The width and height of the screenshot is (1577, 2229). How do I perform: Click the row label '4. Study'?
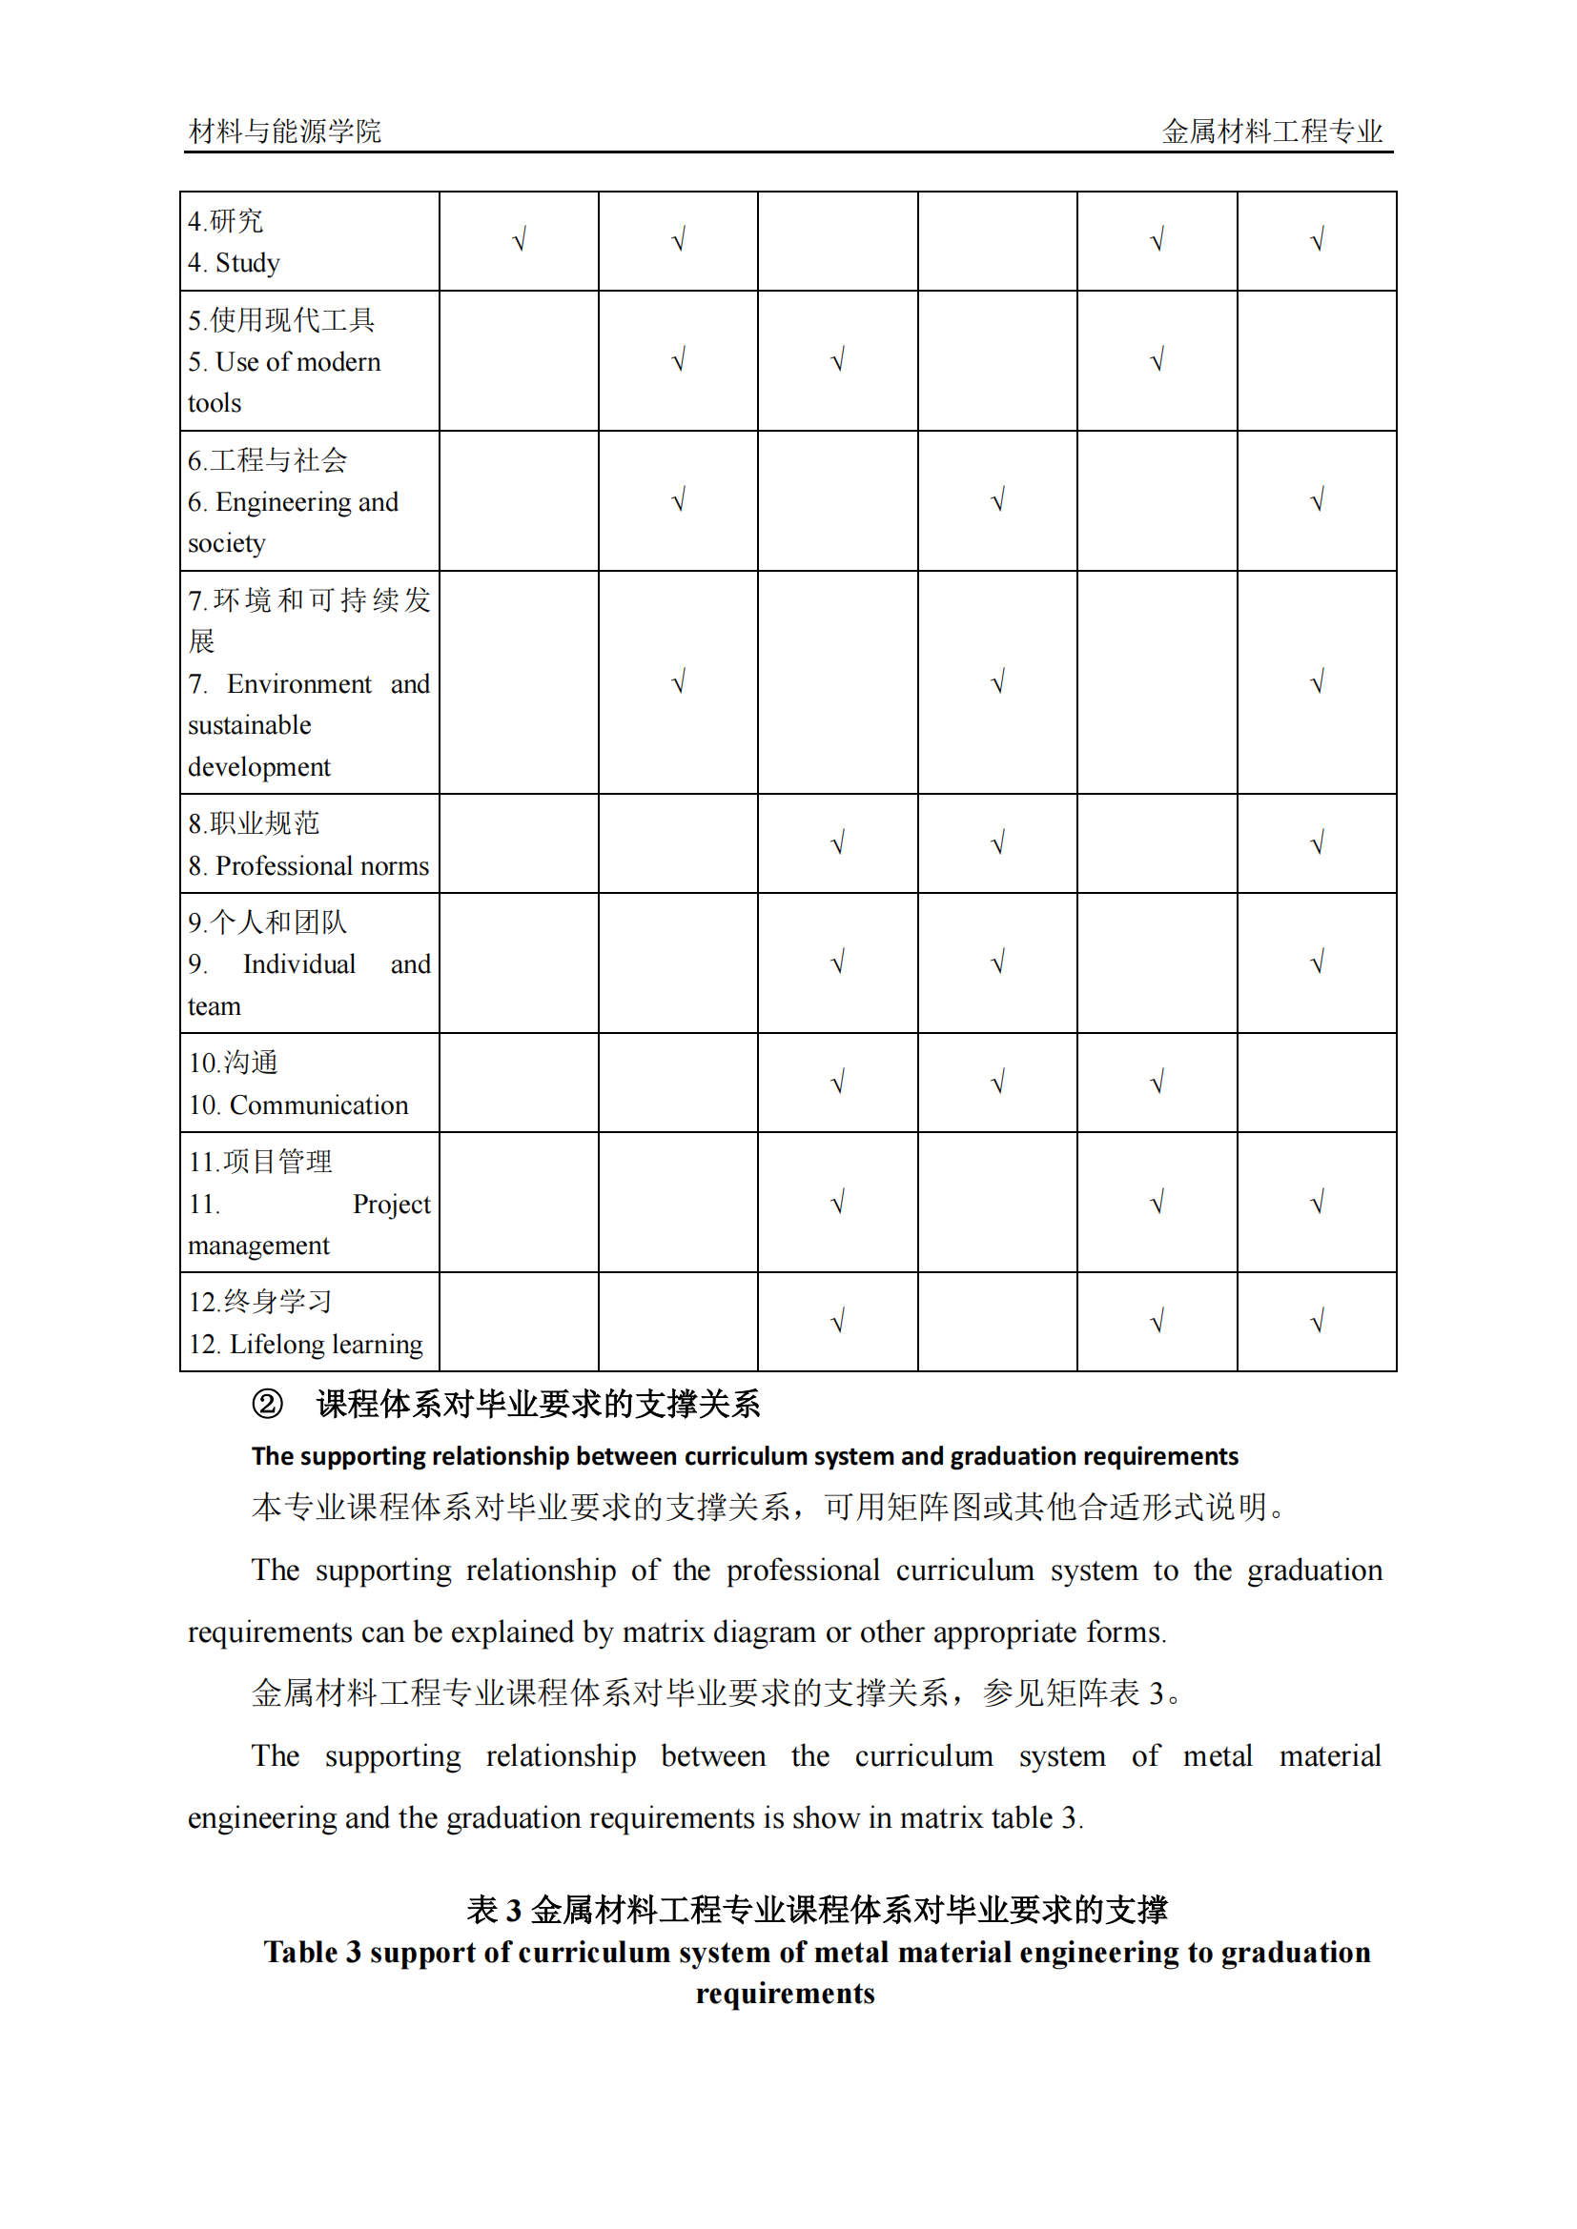234,263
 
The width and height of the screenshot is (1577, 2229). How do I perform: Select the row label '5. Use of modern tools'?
283,362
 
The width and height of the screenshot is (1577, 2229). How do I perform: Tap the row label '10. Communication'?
298,1104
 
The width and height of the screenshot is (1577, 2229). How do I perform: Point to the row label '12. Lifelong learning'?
306,1344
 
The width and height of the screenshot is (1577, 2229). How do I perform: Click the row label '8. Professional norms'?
308,865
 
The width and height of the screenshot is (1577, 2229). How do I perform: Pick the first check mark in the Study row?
520,240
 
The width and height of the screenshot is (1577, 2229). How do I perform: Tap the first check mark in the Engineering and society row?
679,500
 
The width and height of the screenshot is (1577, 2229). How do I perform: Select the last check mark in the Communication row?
1157,1083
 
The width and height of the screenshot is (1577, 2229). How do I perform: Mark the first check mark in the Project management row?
838,1203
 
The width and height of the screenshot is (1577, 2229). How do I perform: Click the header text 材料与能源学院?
284,132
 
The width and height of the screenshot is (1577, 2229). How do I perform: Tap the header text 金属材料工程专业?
1272,132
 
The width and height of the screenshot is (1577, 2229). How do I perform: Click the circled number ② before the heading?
267,1404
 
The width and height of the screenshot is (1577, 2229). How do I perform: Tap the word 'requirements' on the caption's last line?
785,1993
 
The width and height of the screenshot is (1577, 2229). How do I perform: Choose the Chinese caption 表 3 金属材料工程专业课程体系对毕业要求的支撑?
817,1910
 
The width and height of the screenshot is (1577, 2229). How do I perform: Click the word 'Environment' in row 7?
299,684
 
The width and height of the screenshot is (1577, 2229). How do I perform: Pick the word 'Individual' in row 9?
299,964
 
